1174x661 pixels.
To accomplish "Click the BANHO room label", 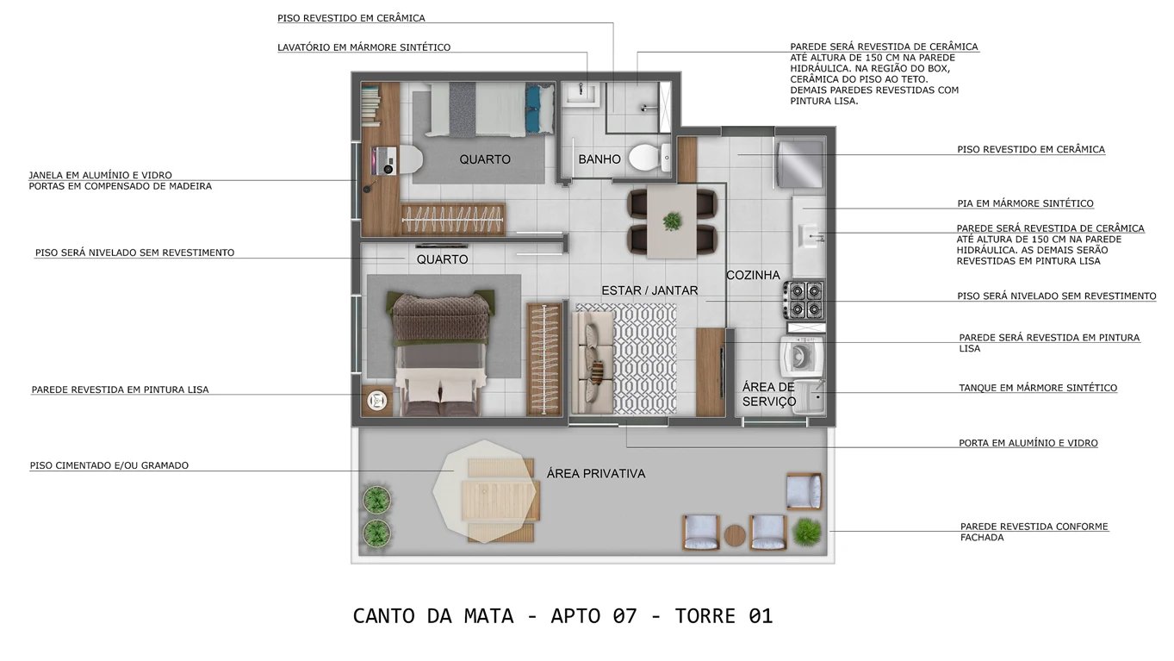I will coord(599,159).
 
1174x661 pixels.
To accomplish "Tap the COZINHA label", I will coord(753,275).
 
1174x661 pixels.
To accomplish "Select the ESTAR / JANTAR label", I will coord(649,290).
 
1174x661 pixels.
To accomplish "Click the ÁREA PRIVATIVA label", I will coord(595,473).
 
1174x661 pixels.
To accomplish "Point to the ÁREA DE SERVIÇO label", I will coord(769,395).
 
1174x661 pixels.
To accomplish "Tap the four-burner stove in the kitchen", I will coord(803,299).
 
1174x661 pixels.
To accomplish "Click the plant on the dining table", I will coord(672,221).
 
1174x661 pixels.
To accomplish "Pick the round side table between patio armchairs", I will coord(734,534).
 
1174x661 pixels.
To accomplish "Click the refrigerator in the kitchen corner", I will coord(800,163).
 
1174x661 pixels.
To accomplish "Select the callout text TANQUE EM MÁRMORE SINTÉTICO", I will coord(1038,388).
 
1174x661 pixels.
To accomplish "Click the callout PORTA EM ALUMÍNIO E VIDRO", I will coord(1028,443).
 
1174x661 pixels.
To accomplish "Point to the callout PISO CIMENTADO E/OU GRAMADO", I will coord(109,465).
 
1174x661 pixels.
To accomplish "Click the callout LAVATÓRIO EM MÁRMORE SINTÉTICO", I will coord(363,47).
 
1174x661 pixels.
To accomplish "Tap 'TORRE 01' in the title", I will coord(724,616).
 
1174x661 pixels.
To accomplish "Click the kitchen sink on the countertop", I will coord(809,234).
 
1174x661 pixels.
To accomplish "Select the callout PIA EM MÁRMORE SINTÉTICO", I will coord(1025,203).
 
